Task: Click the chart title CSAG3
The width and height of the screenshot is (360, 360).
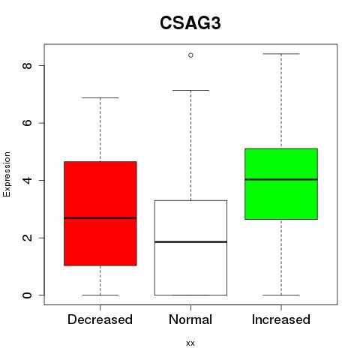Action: click(190, 23)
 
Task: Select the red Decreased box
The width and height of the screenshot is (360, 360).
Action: click(100, 213)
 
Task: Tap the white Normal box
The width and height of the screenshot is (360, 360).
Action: click(190, 247)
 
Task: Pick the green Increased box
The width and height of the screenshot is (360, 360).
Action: click(281, 184)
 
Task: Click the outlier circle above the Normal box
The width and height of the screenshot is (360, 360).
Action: click(190, 55)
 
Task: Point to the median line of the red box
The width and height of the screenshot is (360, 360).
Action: click(100, 218)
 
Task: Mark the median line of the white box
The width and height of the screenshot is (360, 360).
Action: click(190, 241)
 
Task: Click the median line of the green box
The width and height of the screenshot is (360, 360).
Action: click(281, 179)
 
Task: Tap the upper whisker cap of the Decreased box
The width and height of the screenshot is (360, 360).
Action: click(100, 97)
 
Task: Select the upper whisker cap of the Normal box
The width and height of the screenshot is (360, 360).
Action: click(190, 90)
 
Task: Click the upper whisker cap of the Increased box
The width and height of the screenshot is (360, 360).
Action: click(281, 54)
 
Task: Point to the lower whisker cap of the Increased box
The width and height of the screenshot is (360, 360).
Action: click(281, 295)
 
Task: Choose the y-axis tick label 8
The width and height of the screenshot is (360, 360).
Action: click(27, 65)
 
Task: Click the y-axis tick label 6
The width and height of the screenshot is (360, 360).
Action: click(27, 123)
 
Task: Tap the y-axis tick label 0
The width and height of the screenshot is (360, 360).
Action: click(27, 295)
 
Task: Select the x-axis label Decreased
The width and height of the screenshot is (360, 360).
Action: click(100, 319)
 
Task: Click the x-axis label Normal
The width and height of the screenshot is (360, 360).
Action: click(190, 319)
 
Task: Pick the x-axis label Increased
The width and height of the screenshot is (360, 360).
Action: click(281, 319)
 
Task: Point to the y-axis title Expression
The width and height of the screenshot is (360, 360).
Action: click(7, 174)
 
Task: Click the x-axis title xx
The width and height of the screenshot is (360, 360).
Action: click(190, 343)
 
